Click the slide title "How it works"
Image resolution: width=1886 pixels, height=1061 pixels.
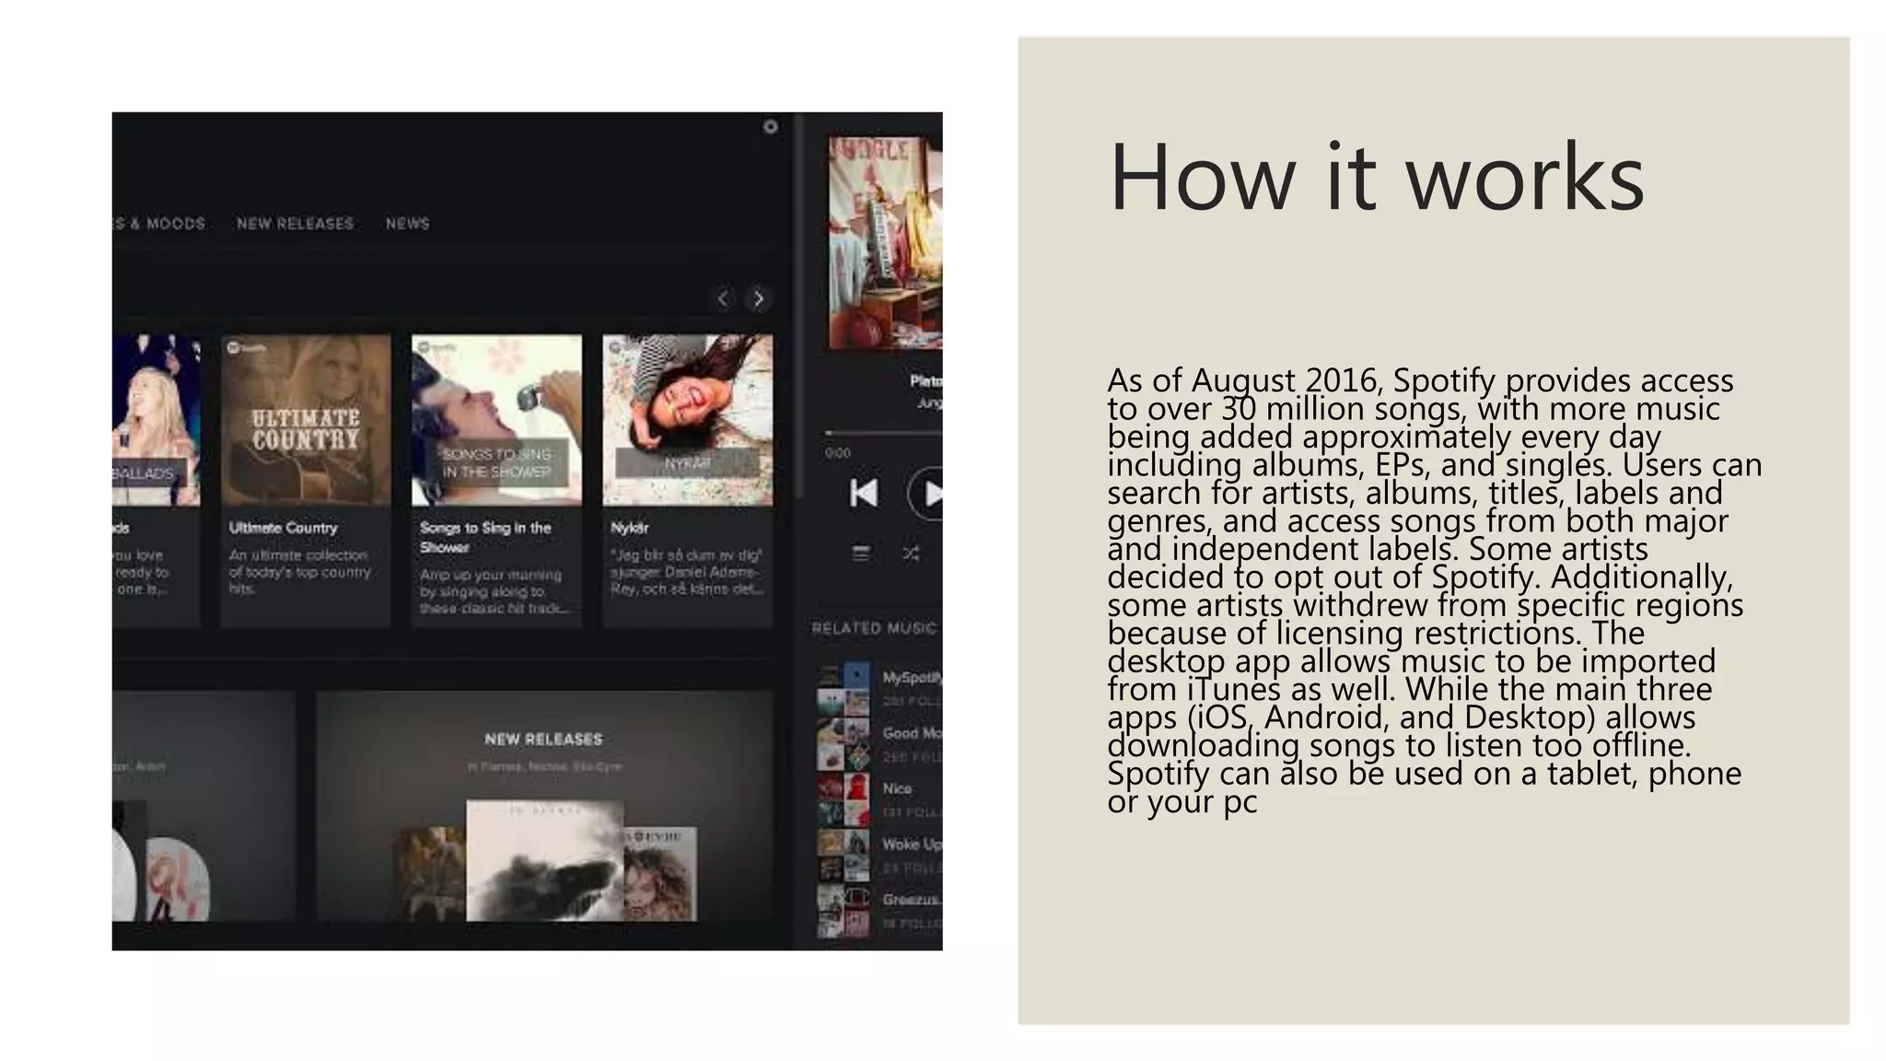point(1376,177)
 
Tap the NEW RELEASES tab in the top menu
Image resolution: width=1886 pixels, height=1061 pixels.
point(295,224)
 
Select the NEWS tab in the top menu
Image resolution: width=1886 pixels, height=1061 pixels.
point(407,224)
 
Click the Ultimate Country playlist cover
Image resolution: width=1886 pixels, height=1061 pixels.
point(306,420)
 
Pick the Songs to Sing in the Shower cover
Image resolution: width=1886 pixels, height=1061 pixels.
point(496,420)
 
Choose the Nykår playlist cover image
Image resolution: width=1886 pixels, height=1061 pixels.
point(687,420)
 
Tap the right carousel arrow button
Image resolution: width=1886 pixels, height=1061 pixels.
point(759,298)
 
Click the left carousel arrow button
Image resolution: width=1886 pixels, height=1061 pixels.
point(724,298)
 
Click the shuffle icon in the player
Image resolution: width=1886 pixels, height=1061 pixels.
point(911,554)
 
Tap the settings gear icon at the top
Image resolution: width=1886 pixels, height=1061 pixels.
point(771,127)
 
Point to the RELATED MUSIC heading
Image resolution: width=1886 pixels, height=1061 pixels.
point(873,628)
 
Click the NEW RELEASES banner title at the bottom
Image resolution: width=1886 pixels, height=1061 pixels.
point(543,740)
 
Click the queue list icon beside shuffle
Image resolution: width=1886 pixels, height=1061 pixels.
point(860,554)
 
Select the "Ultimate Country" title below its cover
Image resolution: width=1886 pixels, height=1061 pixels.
point(283,528)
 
